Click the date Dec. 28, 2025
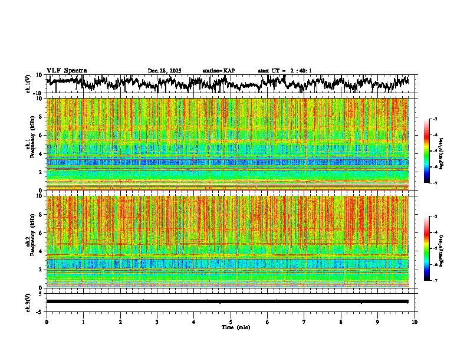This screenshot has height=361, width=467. [x=165, y=71]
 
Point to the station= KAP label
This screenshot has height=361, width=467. [x=219, y=71]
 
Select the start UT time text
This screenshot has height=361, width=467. [x=285, y=71]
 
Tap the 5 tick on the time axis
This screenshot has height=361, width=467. [x=231, y=321]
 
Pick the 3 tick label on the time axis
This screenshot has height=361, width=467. [x=157, y=321]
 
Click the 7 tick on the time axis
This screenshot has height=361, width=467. [x=304, y=321]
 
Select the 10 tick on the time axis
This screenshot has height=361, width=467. [x=415, y=321]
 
